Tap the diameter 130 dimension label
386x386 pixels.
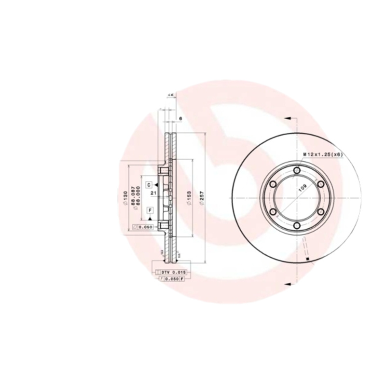[125, 198]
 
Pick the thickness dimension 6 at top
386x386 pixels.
[179, 118]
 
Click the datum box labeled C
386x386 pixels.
[150, 185]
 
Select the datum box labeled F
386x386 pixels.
[150, 210]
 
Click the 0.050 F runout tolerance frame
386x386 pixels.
[172, 279]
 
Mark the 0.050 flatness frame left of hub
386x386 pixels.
[143, 227]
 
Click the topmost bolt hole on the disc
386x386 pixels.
[296, 170]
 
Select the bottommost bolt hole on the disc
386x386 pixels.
[296, 226]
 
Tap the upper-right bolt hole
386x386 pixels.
[320, 184]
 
